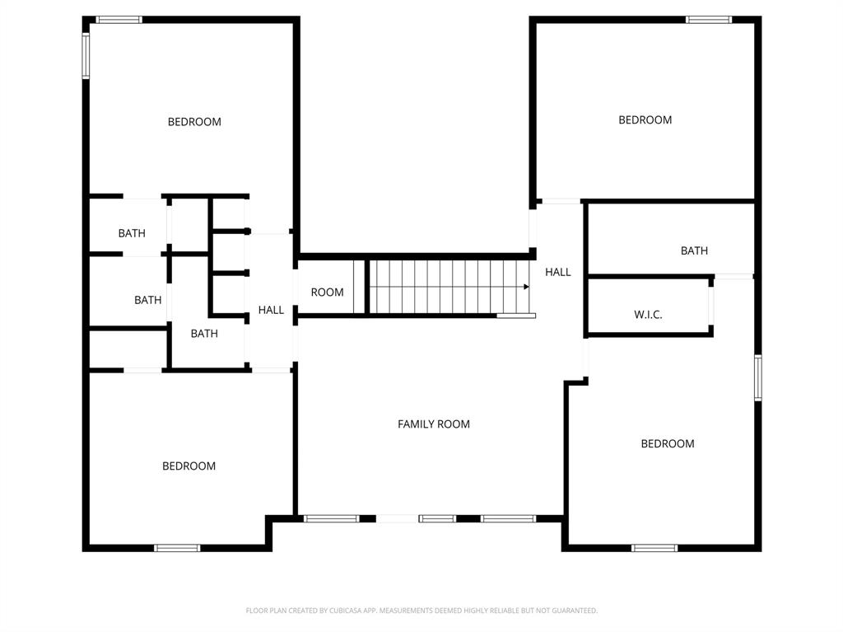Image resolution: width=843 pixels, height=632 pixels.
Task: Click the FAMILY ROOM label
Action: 434,424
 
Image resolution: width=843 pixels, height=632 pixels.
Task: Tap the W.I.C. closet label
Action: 648,315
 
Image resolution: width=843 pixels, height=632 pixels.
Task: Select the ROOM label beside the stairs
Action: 327,293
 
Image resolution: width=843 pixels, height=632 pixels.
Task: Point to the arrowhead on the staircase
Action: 525,287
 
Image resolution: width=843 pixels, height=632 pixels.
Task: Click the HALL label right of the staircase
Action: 557,272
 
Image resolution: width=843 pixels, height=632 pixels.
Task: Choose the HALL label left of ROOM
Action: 271,311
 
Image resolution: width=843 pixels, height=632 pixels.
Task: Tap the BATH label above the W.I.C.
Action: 694,251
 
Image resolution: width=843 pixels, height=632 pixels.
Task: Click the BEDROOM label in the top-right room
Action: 645,120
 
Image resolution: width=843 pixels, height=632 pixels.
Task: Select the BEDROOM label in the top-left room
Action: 194,122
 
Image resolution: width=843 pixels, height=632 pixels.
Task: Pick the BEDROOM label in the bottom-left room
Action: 189,466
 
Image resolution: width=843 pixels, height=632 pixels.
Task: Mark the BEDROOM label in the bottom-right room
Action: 667,444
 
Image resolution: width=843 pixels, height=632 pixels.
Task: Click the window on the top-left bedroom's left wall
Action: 86,55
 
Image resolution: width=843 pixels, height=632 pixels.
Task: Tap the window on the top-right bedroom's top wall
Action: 709,20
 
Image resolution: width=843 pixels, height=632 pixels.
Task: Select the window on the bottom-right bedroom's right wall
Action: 757,377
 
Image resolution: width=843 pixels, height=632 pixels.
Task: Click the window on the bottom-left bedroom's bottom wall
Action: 177,548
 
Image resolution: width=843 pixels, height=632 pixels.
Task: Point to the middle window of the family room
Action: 437,519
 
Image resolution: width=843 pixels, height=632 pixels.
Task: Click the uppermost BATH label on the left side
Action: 132,234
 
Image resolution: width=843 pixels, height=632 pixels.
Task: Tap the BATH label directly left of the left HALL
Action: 204,334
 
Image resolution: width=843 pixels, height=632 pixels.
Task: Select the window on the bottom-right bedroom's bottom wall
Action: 654,548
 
